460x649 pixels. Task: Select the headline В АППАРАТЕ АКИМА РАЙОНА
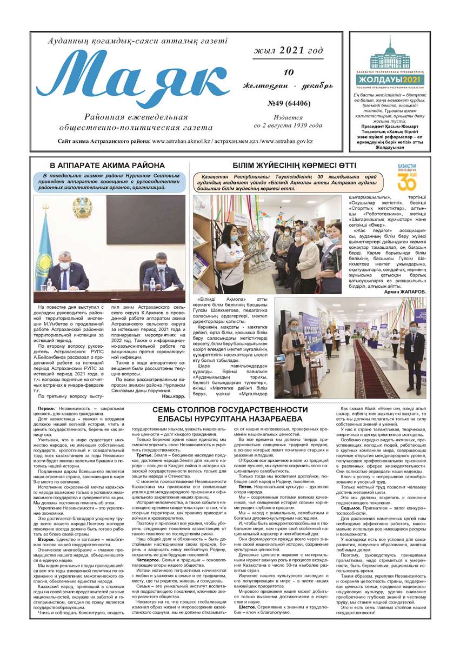coord(108,165)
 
